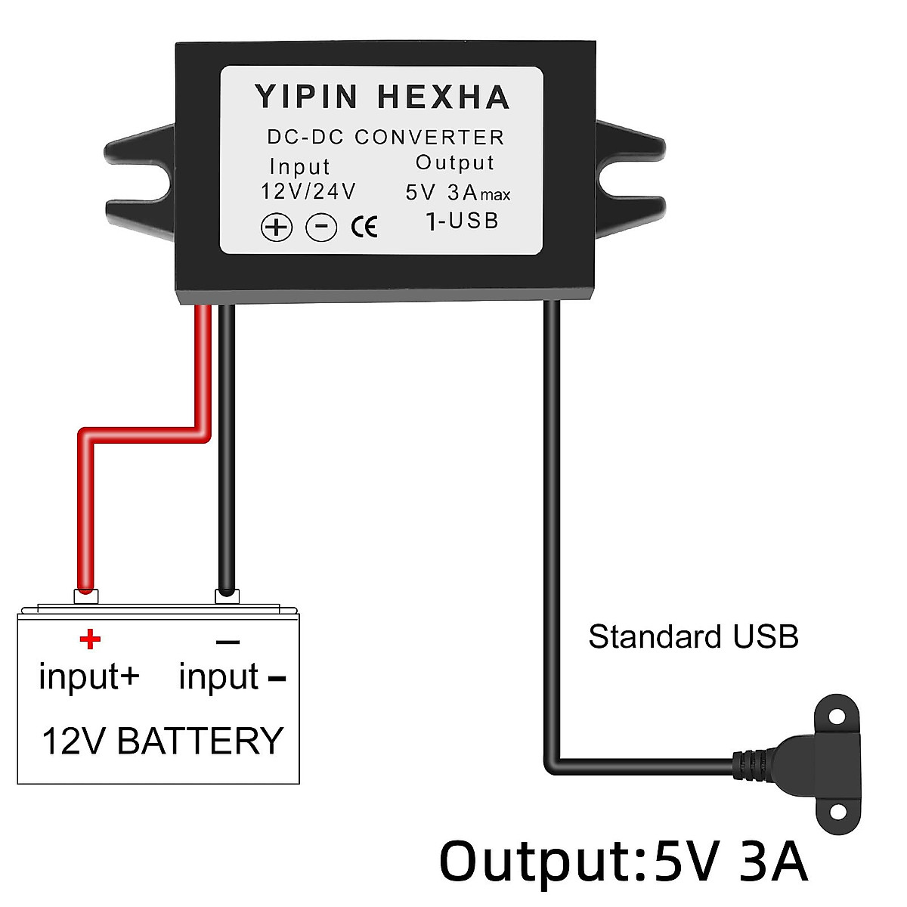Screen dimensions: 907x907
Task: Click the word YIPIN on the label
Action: pos(306,98)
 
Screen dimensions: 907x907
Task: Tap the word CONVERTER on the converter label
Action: pos(429,138)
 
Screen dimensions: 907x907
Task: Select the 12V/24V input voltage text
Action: pos(308,192)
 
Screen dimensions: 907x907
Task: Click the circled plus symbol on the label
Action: pos(277,227)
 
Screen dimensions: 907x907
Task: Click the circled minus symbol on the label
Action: pos(321,227)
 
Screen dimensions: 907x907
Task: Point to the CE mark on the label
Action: pos(364,227)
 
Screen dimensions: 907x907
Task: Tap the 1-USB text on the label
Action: pos(462,221)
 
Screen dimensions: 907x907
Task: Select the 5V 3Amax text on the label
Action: pos(457,193)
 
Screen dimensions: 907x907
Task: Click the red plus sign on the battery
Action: pos(90,639)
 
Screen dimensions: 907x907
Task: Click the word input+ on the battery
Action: pos(89,676)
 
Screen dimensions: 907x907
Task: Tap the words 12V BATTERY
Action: pos(163,741)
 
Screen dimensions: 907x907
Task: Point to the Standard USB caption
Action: pos(693,637)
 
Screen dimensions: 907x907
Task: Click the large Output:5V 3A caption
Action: pos(623,862)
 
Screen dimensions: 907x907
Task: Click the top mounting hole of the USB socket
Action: pos(837,715)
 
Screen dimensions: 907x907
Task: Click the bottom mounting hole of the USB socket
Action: pos(837,811)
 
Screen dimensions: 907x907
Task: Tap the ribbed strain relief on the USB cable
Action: pos(752,764)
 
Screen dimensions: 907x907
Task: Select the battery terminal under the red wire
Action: pos(86,596)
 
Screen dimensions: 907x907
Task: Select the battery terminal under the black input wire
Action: pos(227,596)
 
